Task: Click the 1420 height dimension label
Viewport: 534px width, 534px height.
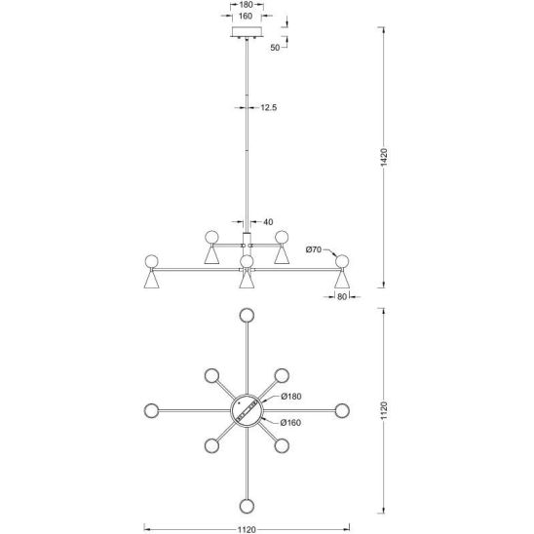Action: (x=384, y=157)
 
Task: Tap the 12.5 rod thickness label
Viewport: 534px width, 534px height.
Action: (x=269, y=107)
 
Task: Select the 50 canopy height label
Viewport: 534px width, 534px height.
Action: (x=275, y=48)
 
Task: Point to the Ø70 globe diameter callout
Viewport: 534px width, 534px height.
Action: (x=314, y=249)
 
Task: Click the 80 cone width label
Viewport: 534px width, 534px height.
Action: (x=342, y=296)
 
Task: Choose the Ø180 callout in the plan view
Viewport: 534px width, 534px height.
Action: (x=291, y=396)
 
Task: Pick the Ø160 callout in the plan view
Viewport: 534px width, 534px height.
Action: (x=290, y=423)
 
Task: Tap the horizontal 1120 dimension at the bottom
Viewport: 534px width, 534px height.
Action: (x=247, y=529)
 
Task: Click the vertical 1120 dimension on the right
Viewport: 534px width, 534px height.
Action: (x=384, y=410)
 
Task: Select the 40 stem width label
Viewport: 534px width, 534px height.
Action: (x=268, y=222)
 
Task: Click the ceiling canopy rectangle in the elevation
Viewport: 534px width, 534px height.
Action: (x=247, y=32)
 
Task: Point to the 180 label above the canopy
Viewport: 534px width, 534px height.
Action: (x=247, y=5)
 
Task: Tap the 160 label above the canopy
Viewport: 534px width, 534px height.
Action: (x=246, y=16)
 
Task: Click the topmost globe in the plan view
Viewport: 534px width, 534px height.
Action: (x=247, y=315)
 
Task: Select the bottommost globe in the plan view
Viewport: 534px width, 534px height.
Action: (x=247, y=506)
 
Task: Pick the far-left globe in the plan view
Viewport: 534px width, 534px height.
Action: (x=151, y=410)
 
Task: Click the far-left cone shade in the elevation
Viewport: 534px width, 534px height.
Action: (x=152, y=280)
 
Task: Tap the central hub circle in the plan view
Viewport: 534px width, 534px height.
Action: (x=247, y=410)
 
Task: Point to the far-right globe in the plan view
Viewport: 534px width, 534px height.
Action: (x=342, y=410)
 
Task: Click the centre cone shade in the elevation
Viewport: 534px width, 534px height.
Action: (x=247, y=280)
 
